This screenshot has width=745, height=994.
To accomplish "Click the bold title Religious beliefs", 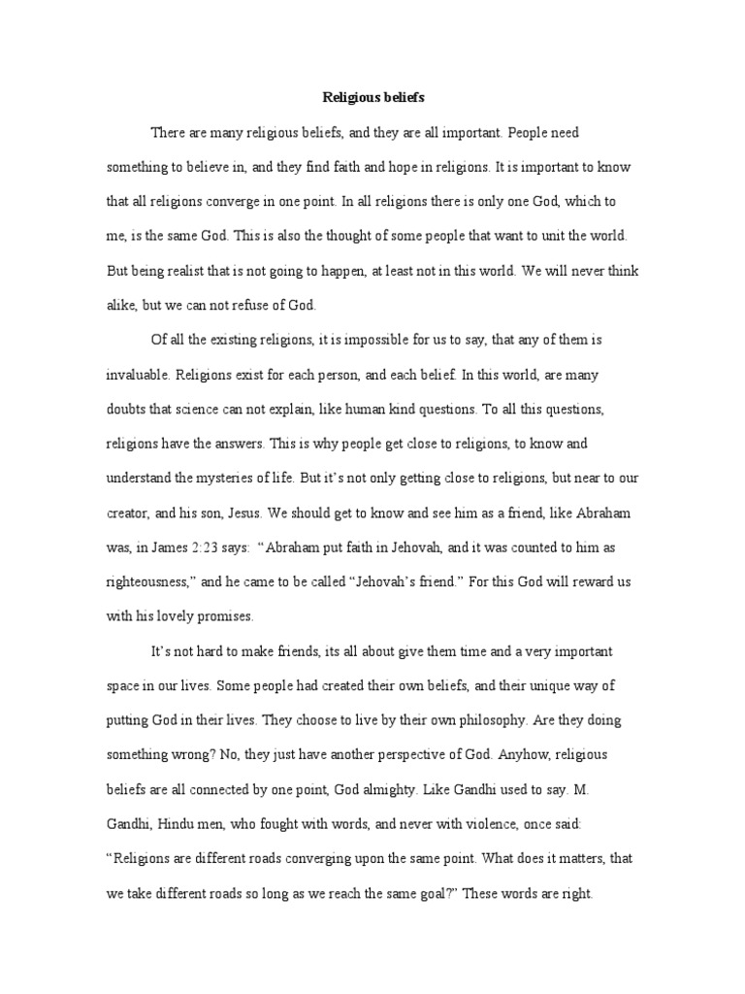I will coord(372,98).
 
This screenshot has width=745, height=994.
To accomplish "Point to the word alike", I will coord(120,306).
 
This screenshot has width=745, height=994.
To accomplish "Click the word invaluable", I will coord(139,374).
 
